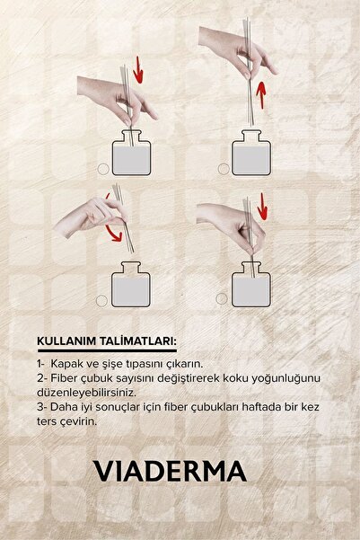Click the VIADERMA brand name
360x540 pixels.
tap(171, 471)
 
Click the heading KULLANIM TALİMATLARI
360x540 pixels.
tap(107, 341)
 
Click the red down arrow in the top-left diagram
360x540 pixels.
tap(138, 70)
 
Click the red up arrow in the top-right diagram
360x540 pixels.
tap(261, 95)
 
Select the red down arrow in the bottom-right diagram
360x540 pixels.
tap(263, 207)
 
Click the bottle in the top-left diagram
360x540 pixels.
tap(131, 153)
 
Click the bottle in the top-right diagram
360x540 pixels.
tap(251, 153)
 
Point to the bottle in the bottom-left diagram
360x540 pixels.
tap(131, 285)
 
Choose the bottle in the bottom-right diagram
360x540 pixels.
tap(251, 285)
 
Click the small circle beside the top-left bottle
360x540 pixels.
tap(103, 169)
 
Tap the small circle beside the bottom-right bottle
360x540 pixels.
tap(222, 298)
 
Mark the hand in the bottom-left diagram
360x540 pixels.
tap(90, 216)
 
